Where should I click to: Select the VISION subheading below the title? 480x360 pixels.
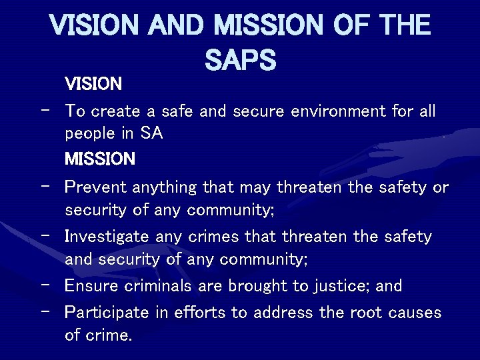click(x=93, y=84)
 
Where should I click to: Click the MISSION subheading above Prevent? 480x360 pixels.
click(x=100, y=159)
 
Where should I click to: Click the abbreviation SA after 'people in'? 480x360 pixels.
click(x=151, y=133)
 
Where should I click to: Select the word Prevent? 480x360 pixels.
click(x=96, y=188)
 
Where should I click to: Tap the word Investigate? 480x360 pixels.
click(x=107, y=237)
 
